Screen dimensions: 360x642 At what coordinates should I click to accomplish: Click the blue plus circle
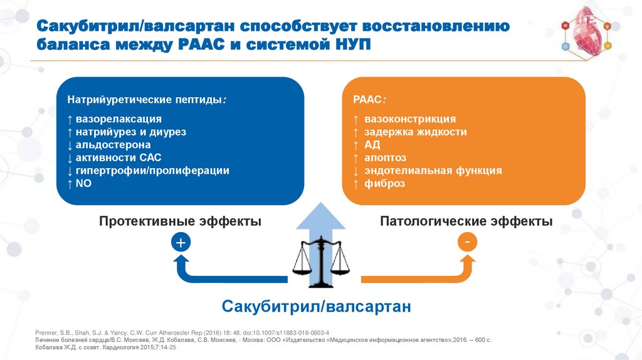pyautogui.click(x=180, y=243)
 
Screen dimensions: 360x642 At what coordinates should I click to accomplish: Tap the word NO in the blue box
pyautogui.click(x=84, y=183)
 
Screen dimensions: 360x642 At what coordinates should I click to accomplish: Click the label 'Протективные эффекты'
pyautogui.click(x=180, y=221)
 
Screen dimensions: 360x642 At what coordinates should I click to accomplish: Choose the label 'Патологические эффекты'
pyautogui.click(x=466, y=221)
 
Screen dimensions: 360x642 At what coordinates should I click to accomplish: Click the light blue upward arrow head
pyautogui.click(x=320, y=216)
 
